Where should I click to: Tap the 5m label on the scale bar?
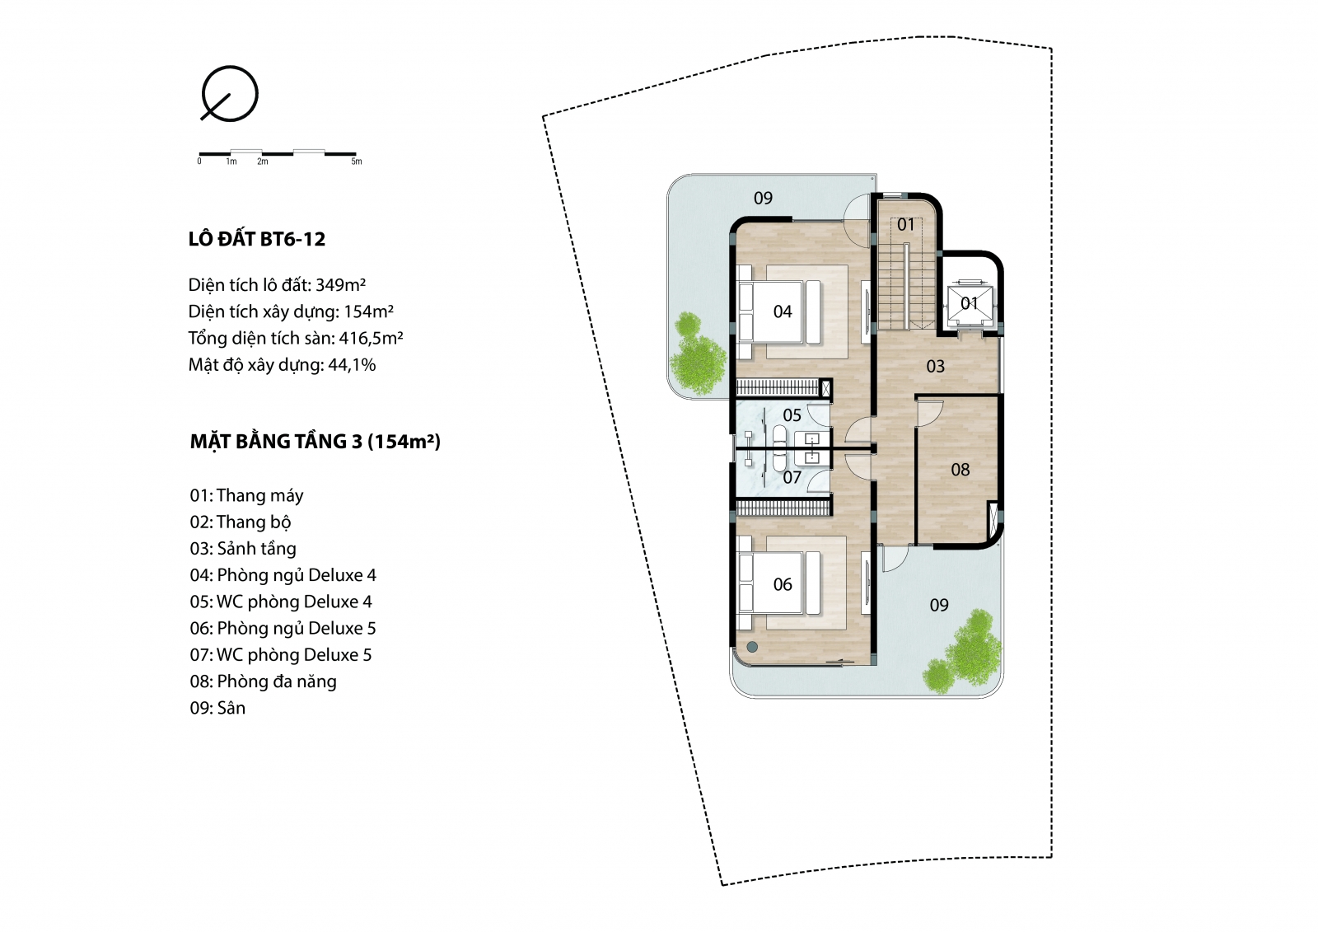357,162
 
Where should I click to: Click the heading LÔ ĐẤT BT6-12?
256,239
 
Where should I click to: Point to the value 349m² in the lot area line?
341,285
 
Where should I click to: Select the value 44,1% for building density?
352,365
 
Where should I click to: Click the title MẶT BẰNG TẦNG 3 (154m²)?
315,442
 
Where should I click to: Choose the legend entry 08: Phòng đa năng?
263,681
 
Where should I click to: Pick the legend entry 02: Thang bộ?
240,522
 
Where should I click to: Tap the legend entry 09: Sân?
217,708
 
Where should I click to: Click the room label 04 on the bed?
783,311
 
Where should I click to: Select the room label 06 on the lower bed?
783,584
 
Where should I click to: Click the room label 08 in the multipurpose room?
960,469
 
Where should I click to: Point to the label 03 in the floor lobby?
936,366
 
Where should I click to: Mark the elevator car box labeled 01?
970,303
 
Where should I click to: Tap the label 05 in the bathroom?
792,415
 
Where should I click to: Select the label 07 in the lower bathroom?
792,477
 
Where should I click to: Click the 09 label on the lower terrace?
939,605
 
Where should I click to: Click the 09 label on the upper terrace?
763,198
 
